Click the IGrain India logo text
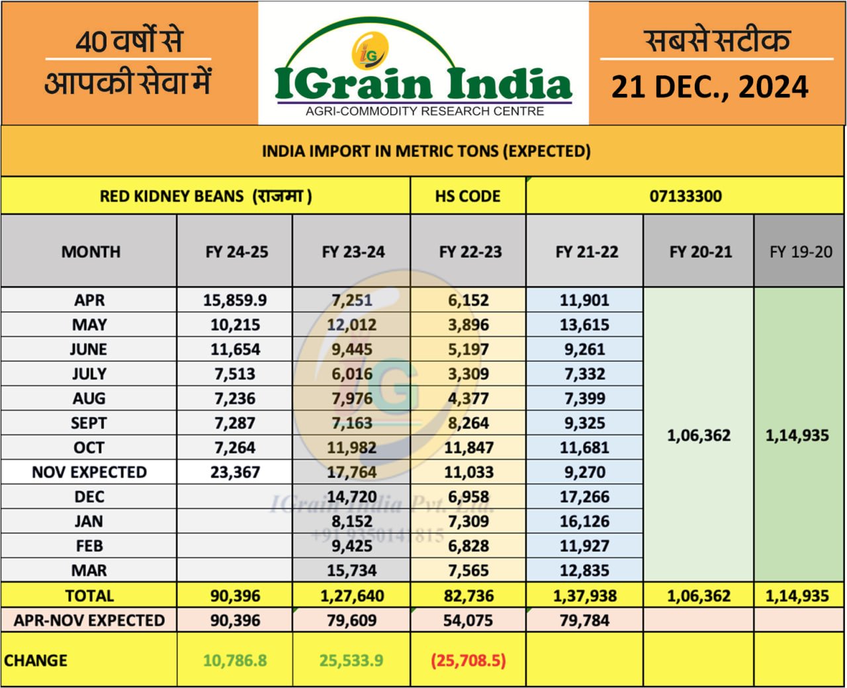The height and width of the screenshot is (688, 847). (423, 85)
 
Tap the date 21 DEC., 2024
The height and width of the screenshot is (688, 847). (709, 87)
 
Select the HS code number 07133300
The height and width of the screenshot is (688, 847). (685, 196)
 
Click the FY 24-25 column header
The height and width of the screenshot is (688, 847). (236, 252)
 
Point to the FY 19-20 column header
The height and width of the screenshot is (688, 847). (800, 252)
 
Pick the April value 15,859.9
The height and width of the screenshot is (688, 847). (235, 300)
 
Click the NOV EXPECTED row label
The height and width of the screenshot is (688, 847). (89, 472)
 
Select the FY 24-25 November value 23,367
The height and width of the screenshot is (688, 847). (235, 472)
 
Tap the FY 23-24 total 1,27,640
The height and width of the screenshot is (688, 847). (352, 596)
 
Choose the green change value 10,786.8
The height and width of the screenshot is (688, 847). (235, 660)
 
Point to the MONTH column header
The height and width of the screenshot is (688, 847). (91, 252)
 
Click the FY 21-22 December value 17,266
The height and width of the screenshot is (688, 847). (584, 497)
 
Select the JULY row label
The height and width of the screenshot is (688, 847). (89, 374)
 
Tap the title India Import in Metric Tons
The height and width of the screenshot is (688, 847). (426, 151)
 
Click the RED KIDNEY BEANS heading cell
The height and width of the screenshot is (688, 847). (206, 196)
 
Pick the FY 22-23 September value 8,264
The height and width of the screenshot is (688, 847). (468, 423)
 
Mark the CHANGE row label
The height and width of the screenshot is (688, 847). (36, 660)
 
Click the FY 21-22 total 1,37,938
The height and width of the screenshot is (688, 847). (585, 596)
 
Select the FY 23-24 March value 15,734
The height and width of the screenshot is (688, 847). (352, 570)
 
